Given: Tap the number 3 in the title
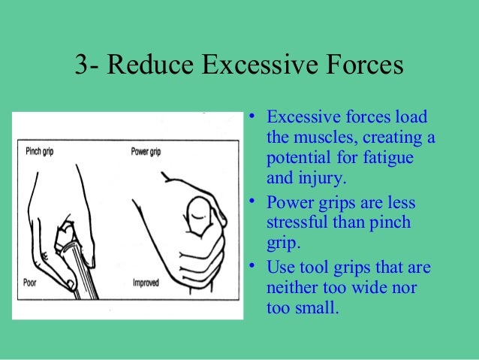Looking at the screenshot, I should pyautogui.click(x=82, y=66).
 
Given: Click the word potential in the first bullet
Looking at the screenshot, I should pyautogui.click(x=297, y=159).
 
